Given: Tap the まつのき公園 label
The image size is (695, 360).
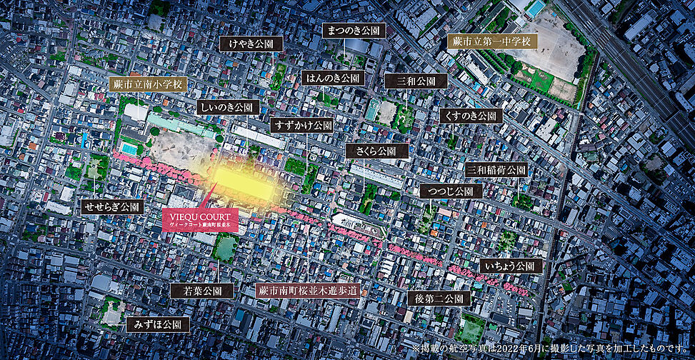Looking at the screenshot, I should pos(354,31).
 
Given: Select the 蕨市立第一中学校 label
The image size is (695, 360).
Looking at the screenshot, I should pos(491,41).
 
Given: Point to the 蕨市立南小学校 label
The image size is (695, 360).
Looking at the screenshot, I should pos(149,84).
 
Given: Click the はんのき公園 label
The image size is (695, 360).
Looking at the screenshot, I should pos(333,78).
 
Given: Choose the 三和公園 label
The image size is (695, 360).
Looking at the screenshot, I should pos(416,81).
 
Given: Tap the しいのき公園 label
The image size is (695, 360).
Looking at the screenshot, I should pos(228,107).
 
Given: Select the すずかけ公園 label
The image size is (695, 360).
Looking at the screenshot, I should pos(303,125).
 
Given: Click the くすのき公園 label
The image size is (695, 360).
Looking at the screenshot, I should pos(471,115).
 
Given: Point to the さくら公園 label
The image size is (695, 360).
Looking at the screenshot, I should pos(377,151).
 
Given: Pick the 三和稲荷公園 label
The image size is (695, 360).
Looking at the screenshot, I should pos(496,170).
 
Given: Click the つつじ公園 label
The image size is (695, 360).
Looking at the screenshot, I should pos(451,191).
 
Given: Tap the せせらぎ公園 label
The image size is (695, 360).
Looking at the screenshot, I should pos(112,207).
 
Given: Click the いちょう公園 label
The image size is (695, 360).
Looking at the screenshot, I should pos(511,266).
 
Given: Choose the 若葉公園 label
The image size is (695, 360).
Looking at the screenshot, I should pos(202,291).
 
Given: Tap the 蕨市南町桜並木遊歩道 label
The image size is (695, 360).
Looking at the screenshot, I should pos(308,291).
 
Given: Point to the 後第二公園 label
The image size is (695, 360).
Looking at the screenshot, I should pos(439,299).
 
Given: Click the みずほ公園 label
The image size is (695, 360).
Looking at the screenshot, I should pos(158,324).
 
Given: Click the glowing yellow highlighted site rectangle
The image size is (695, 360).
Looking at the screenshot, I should pos(243,185).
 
